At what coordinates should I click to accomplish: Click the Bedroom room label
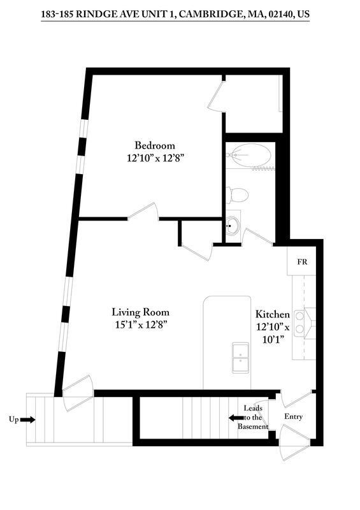click(154, 145)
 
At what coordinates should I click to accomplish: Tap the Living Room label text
click(140, 312)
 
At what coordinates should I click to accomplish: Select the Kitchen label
click(273, 314)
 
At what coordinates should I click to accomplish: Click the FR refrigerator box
click(303, 262)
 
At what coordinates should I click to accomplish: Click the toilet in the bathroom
click(235, 194)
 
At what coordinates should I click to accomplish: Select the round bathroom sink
click(233, 224)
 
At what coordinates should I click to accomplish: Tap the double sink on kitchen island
click(241, 357)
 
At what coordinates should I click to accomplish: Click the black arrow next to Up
click(27, 419)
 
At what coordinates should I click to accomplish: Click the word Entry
click(294, 417)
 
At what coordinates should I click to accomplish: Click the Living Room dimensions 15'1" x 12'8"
click(140, 324)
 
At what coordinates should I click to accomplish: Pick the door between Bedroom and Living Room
click(143, 212)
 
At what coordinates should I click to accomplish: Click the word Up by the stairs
click(13, 419)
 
